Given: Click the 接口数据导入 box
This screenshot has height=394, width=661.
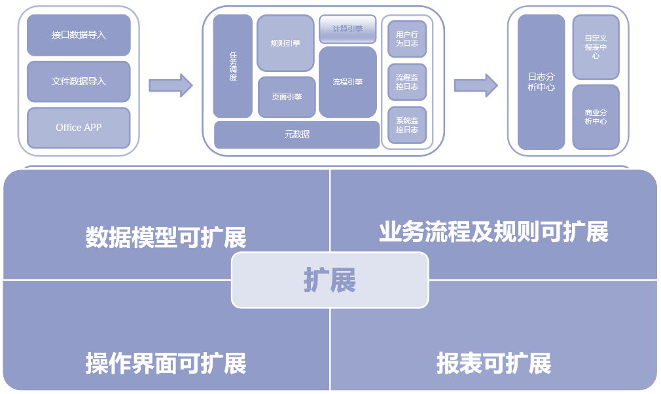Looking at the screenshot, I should coord(79,35).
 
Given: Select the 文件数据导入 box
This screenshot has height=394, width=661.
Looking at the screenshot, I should coord(79,82).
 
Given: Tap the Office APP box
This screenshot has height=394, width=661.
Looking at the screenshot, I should coord(79,128).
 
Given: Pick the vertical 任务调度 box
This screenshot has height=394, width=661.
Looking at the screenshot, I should coord(232,66).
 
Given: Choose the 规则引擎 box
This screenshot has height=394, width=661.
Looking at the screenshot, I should coord(285,43).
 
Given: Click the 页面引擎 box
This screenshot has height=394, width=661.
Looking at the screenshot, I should coord(287,97).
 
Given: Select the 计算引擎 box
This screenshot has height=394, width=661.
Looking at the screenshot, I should coord(348,29).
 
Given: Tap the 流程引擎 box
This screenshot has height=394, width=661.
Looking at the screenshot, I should coord(348,82).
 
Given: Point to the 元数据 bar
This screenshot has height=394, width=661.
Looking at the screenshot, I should coord(296,135).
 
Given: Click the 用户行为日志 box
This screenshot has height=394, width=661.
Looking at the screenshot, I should coord(407,39).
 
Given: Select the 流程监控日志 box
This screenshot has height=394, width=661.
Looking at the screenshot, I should coord(407,82).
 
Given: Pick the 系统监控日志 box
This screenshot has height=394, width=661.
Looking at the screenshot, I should coord(407,125).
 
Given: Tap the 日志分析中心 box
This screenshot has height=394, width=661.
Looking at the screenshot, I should coord(541,82).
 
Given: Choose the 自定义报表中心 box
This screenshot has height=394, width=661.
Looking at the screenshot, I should coord(596,48).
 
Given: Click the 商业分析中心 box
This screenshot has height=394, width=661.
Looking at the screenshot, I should coord(596,117).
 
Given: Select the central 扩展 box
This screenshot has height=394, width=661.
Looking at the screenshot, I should coord(330,280).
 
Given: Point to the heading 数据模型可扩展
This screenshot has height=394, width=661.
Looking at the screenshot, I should coord(166,238).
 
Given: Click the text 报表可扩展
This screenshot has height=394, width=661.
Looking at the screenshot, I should coord(494,363).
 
